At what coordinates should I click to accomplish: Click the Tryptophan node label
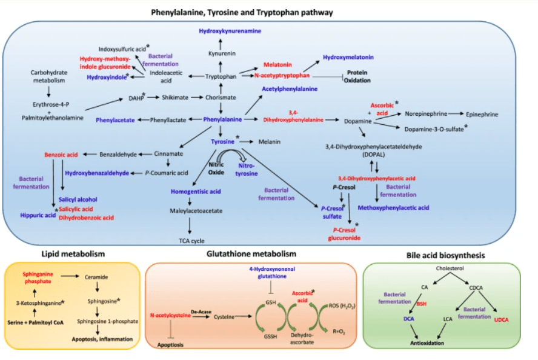tap(220, 76)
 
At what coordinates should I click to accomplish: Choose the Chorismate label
tap(219, 97)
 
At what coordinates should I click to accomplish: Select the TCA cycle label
tap(191, 241)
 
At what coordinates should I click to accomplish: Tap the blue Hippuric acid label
tap(37, 215)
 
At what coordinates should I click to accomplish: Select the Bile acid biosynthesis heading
tap(448, 256)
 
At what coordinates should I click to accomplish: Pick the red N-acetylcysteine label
tap(168, 316)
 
